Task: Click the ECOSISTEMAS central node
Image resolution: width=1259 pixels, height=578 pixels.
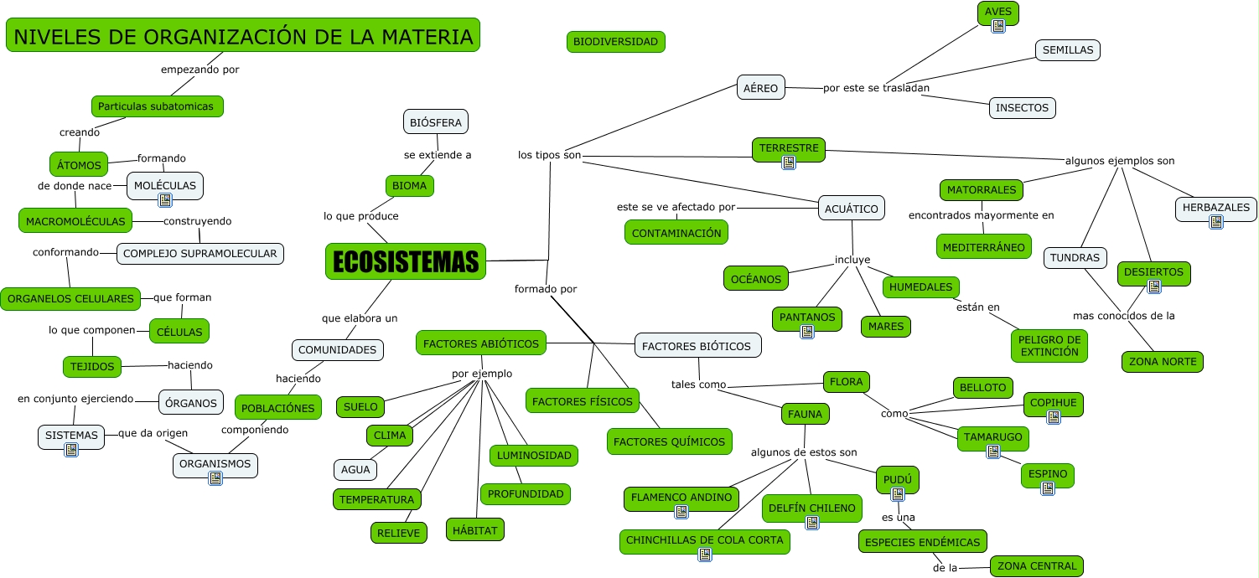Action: click(406, 261)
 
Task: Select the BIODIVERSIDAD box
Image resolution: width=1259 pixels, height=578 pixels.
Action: click(616, 41)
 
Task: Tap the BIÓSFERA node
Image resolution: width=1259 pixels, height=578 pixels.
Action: click(436, 122)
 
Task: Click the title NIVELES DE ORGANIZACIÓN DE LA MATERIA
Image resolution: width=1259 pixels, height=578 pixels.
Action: click(243, 36)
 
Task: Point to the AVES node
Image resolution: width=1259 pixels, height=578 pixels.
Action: click(998, 11)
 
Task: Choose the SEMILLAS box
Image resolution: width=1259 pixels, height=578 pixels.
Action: click(1068, 50)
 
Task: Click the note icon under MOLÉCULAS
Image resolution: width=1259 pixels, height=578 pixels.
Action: click(165, 199)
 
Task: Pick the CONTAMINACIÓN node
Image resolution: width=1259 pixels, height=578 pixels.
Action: click(676, 233)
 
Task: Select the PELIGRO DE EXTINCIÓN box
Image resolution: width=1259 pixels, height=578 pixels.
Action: click(1049, 346)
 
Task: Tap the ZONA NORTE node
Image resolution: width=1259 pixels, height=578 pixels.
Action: click(1163, 362)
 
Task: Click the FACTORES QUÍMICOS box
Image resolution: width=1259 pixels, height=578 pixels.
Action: click(670, 441)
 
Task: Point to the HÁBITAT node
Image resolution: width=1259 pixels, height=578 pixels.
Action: click(475, 530)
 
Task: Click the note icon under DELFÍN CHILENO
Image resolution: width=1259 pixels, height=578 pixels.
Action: click(812, 523)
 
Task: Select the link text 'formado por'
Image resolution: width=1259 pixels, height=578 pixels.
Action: click(546, 289)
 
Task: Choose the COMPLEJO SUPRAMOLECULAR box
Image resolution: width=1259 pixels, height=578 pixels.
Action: click(200, 253)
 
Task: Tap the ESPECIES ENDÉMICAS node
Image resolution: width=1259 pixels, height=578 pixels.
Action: click(923, 542)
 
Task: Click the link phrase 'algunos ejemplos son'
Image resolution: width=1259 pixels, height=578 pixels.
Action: click(1120, 161)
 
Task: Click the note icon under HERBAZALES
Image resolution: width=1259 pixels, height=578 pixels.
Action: click(1216, 222)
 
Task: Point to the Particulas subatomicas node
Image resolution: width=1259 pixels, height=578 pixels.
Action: click(158, 106)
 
